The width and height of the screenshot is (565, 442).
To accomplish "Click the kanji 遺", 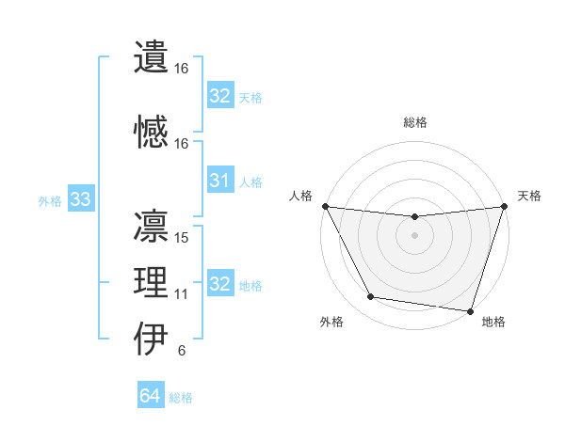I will [152, 57].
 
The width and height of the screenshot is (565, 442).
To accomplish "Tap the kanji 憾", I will [152, 132].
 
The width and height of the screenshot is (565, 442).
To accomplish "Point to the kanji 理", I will [152, 283].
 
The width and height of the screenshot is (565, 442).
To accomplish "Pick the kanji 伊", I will [152, 339].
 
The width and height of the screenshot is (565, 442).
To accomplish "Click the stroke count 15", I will [183, 237].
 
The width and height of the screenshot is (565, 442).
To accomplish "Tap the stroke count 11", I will [182, 294].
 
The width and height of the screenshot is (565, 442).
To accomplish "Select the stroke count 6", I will [181, 352].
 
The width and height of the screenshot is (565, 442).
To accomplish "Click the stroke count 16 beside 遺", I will [182, 69].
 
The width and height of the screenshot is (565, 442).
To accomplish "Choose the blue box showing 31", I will [219, 181].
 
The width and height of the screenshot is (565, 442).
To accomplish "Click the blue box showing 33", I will [80, 199].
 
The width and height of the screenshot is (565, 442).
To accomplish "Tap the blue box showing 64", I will [150, 396].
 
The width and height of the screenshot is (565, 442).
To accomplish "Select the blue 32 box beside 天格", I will [219, 95].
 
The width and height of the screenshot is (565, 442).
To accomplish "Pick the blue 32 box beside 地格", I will [219, 284].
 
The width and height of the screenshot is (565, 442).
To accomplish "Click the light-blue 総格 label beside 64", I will [182, 398].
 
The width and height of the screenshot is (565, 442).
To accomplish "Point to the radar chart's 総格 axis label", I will [414, 122].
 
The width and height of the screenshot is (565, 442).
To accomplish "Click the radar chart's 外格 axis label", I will [331, 322].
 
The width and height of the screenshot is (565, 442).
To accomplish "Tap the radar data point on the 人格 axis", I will [325, 206].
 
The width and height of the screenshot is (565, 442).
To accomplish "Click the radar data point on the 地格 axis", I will [470, 310].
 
